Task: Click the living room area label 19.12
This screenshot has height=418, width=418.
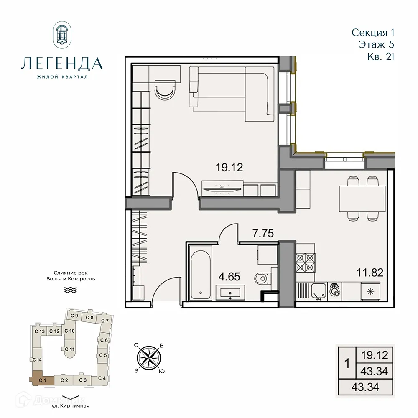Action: point(229,168)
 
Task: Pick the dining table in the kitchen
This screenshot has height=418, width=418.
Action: point(361,199)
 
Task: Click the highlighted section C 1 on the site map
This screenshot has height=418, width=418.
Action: point(42,380)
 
